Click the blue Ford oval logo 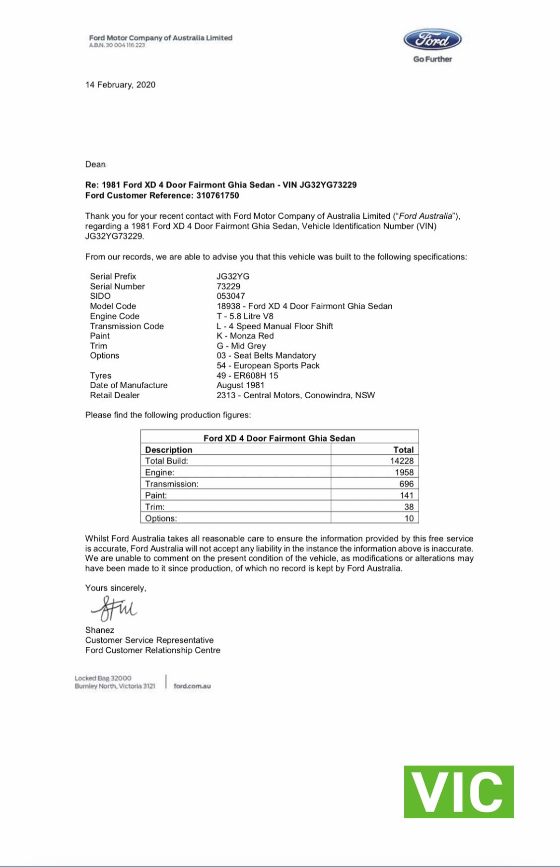432,40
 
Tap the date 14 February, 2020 120,85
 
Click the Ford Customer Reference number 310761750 217,195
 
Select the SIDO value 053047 230,296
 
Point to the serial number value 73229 228,286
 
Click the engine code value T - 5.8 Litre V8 245,316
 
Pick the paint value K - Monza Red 245,336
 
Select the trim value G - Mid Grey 241,346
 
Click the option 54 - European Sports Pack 268,366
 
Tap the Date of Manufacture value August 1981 240,385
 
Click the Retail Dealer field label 115,395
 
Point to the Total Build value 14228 402,461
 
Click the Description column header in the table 168,449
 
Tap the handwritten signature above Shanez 113,608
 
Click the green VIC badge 458,792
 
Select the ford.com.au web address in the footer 192,686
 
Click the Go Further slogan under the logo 432,59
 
